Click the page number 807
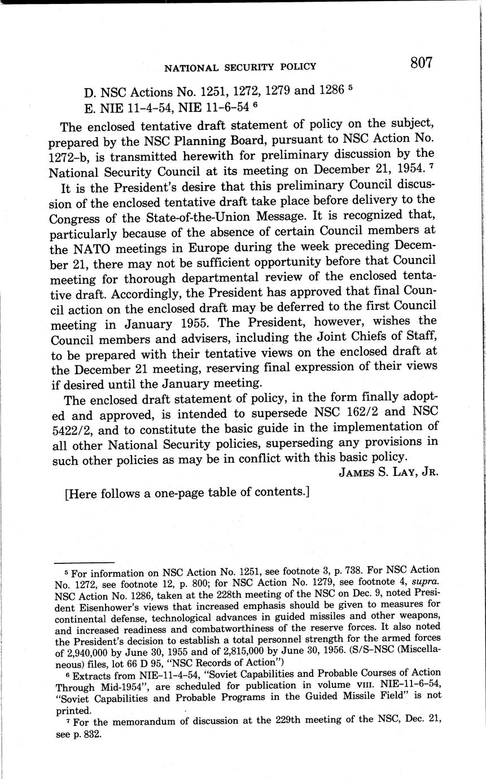click(421, 63)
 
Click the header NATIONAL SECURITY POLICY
click(240, 67)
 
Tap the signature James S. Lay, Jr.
click(388, 471)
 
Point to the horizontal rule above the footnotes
click(84, 563)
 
